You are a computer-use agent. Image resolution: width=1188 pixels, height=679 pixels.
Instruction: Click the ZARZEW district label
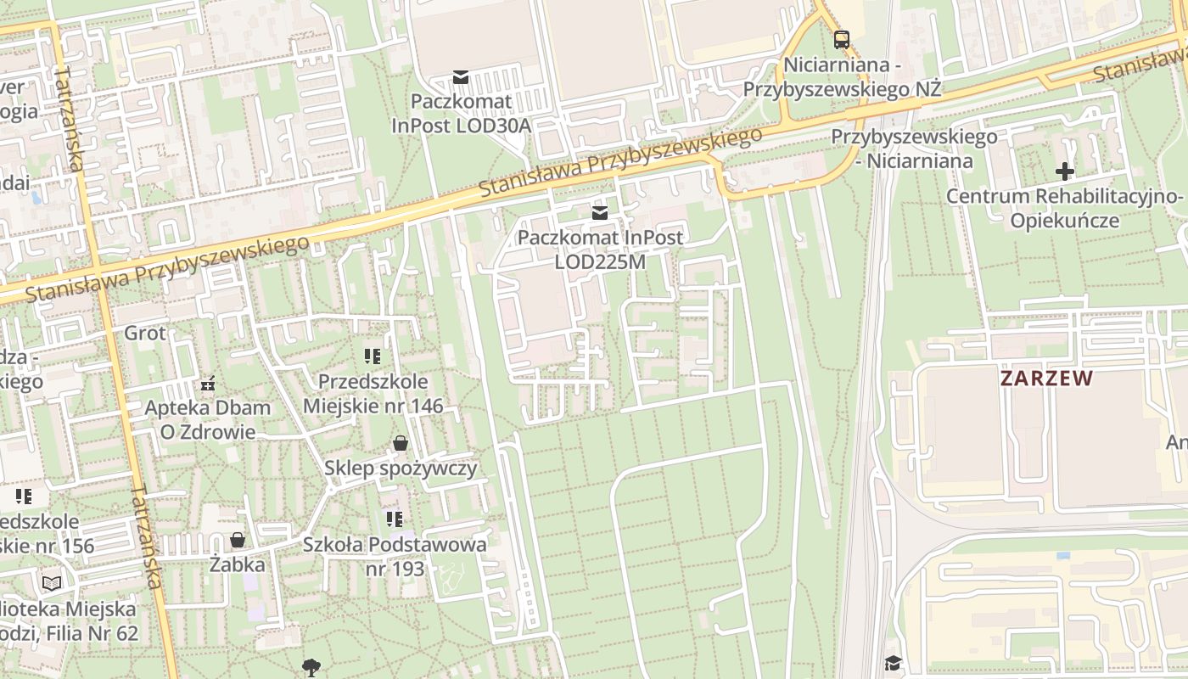pos(1045,379)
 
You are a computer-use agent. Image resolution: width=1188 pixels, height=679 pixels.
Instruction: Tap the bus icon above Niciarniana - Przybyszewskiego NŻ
pos(841,39)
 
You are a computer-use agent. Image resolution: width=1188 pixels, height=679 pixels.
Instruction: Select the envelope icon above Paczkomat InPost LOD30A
pos(461,77)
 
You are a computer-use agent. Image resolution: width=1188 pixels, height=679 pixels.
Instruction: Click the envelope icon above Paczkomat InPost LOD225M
pos(600,212)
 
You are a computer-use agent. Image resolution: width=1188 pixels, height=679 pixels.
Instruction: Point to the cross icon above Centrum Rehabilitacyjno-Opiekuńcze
pos(1064,171)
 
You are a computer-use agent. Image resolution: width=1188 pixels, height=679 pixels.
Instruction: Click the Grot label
pos(145,333)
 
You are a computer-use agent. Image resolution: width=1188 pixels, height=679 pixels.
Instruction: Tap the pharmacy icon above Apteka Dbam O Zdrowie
pos(208,384)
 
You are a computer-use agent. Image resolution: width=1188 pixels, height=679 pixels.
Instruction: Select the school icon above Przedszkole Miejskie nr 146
pos(373,356)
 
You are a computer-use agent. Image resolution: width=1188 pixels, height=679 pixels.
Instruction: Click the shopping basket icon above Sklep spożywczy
pos(401,443)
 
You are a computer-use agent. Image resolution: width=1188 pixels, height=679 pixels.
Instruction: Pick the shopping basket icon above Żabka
pos(238,540)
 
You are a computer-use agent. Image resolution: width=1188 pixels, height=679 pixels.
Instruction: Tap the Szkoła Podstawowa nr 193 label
pos(395,556)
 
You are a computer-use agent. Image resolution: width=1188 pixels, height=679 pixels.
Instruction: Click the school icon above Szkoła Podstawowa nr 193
pos(395,519)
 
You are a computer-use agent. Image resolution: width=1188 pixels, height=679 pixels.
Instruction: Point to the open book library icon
pos(52,583)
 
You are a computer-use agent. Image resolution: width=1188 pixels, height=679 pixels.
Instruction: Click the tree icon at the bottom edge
pos(311,668)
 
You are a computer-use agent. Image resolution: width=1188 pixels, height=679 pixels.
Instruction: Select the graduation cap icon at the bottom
pos(893,663)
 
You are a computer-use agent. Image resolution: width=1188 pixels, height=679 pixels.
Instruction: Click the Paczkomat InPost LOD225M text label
pos(600,250)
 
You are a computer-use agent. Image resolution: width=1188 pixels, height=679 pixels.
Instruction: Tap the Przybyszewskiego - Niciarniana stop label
pos(914,148)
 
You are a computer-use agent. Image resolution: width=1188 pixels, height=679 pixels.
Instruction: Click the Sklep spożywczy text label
pos(401,468)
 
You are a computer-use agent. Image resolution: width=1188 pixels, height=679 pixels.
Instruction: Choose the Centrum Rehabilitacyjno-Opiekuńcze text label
pos(1064,209)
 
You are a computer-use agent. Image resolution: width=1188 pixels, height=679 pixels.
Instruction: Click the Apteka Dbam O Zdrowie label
pos(208,419)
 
